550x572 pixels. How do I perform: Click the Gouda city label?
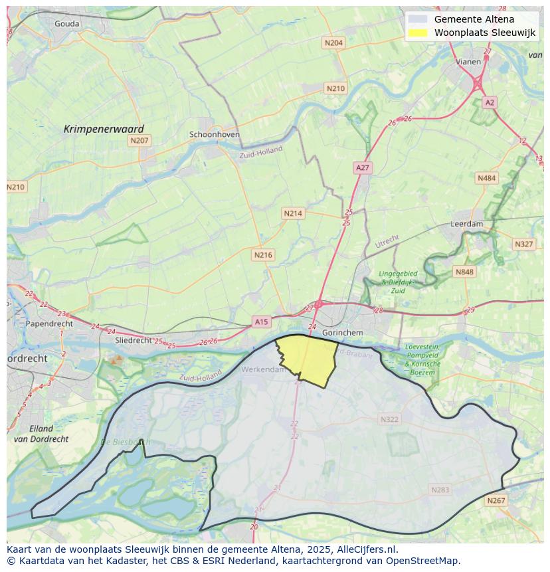[67, 23]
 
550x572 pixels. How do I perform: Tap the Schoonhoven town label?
[215, 134]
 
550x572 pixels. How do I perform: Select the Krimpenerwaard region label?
[104, 129]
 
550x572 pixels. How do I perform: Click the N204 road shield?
[333, 43]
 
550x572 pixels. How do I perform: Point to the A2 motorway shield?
[490, 102]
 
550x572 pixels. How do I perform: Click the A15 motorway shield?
[261, 322]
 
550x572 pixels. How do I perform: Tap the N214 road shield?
[292, 213]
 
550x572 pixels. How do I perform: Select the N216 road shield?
[263, 254]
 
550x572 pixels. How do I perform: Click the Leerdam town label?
[467, 224]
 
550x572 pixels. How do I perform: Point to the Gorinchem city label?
[342, 332]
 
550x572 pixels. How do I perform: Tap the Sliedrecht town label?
[134, 339]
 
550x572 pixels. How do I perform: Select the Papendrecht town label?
[49, 324]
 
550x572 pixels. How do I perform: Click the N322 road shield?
[389, 419]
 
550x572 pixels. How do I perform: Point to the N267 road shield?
[496, 501]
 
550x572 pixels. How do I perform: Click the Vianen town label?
[468, 61]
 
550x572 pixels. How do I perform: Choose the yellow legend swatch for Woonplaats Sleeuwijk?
[418, 33]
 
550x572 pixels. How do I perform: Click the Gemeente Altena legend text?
[474, 19]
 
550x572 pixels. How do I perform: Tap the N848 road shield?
[464, 272]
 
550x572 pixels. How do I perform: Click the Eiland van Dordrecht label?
[41, 433]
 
